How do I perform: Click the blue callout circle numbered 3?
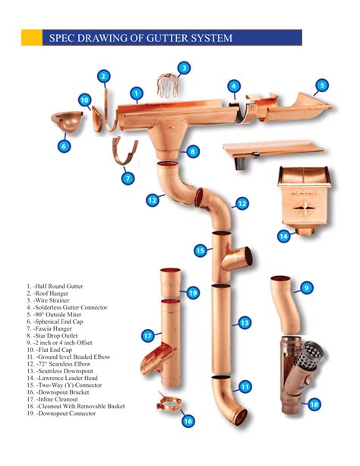(184, 68)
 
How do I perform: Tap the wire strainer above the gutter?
(168, 85)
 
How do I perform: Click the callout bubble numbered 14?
(283, 236)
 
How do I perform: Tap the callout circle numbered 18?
(314, 404)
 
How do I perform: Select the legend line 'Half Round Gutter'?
(55, 287)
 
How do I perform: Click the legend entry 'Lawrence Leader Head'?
(62, 378)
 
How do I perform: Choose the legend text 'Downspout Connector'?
(61, 414)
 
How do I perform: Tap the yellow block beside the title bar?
(32, 37)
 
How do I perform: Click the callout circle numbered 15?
(201, 251)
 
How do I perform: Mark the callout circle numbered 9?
(307, 287)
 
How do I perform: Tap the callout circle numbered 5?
(322, 86)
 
